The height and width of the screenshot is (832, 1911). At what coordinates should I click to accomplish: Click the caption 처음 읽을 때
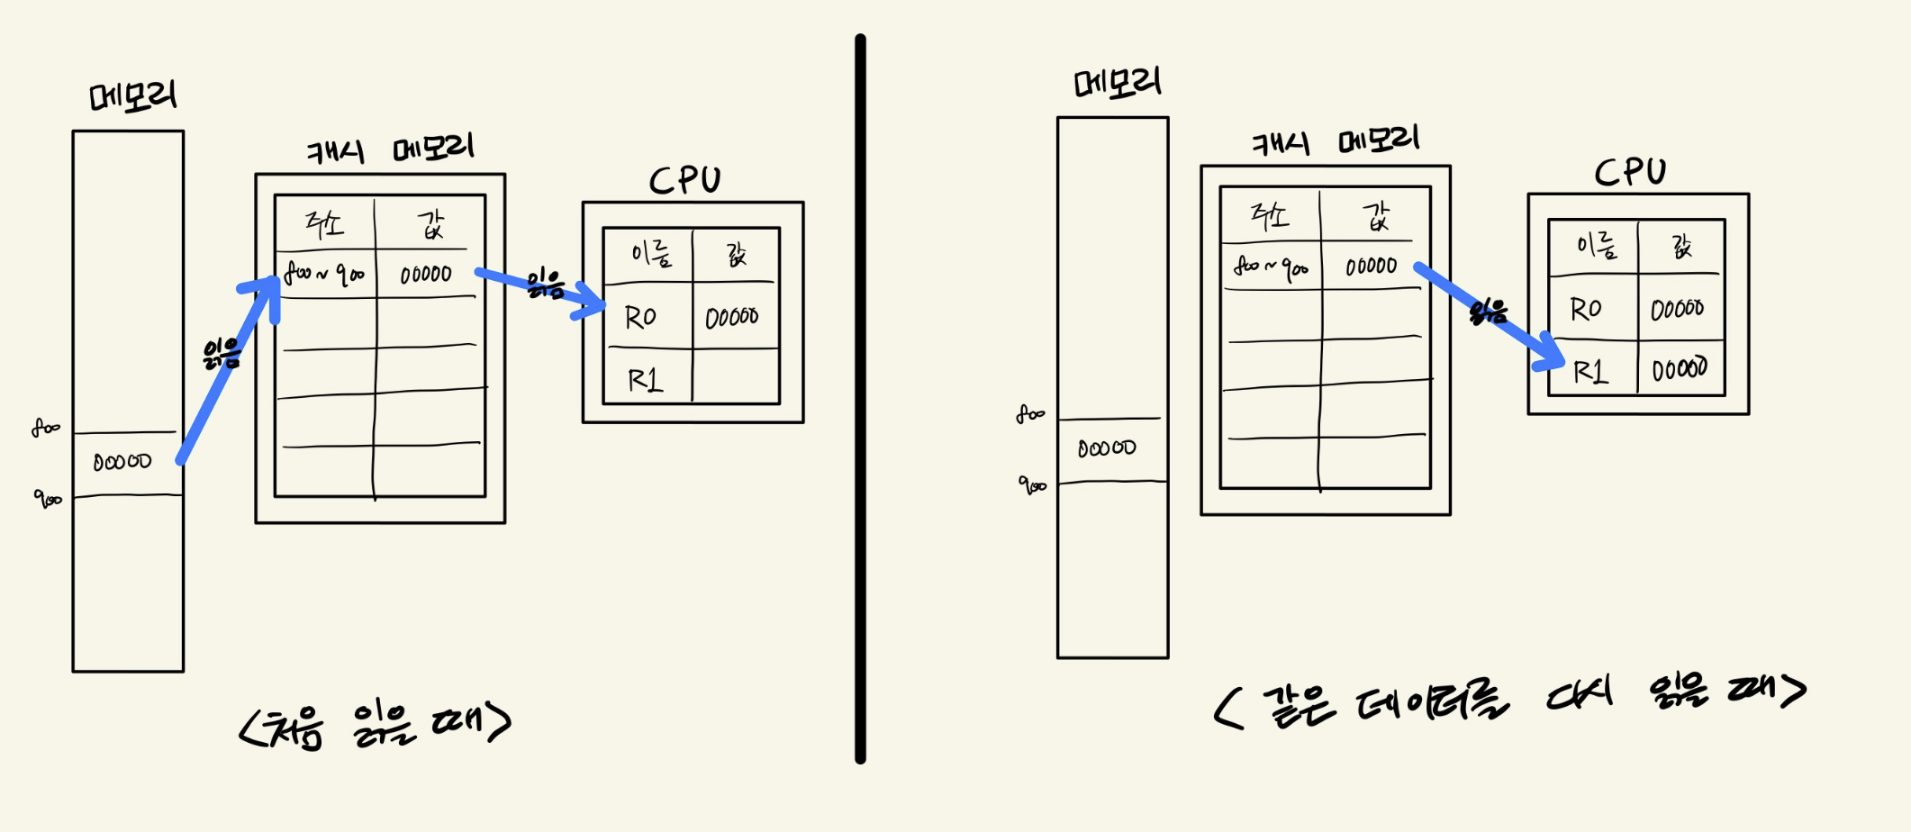pyautogui.click(x=376, y=725)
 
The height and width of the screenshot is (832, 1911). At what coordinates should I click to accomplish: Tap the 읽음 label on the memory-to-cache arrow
pyautogui.click(x=222, y=354)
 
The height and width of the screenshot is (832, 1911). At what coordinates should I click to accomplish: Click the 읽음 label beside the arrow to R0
pyautogui.click(x=546, y=285)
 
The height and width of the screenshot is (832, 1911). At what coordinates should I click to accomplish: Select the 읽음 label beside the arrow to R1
pyautogui.click(x=1488, y=312)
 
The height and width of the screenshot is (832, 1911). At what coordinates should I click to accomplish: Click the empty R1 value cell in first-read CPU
pyautogui.click(x=735, y=376)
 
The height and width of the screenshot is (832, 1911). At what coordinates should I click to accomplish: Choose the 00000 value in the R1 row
pyautogui.click(x=1680, y=368)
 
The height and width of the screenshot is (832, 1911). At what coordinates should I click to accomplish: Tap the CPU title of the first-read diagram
pyautogui.click(x=685, y=180)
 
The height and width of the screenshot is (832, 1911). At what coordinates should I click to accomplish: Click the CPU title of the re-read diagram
pyautogui.click(x=1630, y=172)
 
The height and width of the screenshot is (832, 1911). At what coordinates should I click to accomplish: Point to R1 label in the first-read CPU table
pyautogui.click(x=645, y=380)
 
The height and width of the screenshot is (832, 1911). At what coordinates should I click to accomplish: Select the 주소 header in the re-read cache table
pyautogui.click(x=1270, y=215)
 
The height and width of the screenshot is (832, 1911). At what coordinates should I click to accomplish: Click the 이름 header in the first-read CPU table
pyautogui.click(x=651, y=254)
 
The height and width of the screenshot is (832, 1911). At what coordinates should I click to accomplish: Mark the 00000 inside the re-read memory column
pyautogui.click(x=1107, y=448)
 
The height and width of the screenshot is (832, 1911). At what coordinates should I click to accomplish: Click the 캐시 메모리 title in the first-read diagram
pyautogui.click(x=389, y=149)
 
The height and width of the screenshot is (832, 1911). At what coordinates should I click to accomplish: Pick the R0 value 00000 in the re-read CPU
pyautogui.click(x=1677, y=309)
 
